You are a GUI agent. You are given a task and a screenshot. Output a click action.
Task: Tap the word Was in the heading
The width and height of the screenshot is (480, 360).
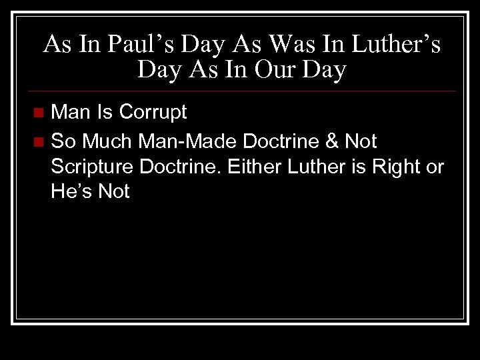point(261,45)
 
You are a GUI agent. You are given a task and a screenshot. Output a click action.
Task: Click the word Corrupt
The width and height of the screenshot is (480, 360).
point(153,112)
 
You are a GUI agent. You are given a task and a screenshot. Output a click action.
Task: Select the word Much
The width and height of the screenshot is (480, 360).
point(106,141)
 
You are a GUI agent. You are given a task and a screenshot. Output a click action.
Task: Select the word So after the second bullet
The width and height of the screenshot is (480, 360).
point(63,141)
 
